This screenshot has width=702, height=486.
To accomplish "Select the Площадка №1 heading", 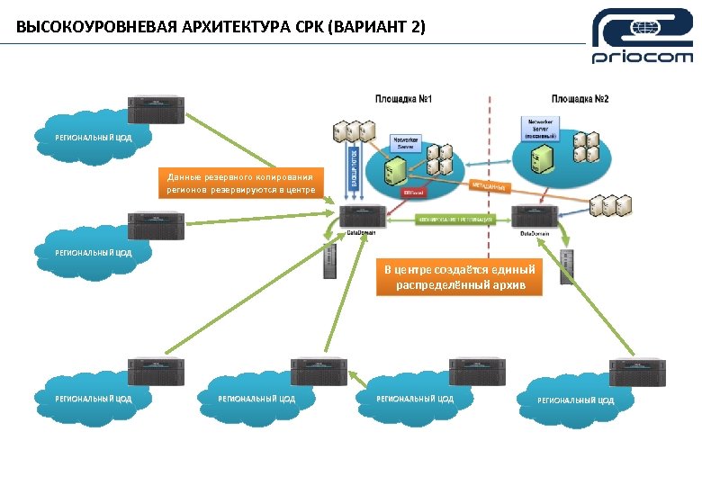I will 403,98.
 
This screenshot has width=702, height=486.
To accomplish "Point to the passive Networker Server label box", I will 540,127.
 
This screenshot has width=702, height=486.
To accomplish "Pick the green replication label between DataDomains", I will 454,219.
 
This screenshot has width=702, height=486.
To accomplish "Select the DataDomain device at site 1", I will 364,217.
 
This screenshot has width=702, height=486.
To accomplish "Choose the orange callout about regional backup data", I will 238,184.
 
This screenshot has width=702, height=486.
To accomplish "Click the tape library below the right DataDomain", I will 566,266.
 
